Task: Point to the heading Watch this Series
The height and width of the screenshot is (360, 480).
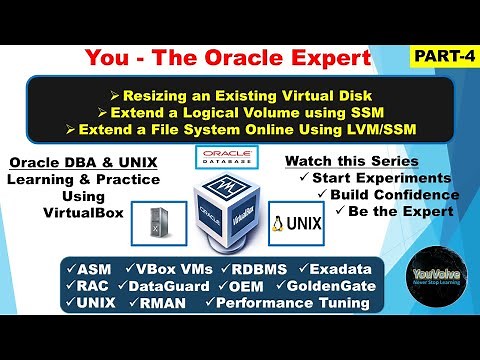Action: tap(352, 160)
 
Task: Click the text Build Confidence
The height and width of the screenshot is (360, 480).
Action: tap(375, 195)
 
